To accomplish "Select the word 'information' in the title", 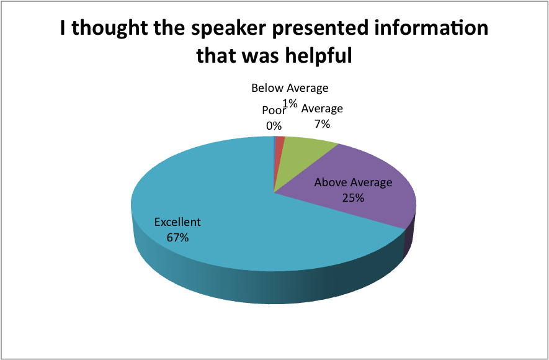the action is click(x=429, y=28).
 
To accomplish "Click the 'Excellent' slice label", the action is click(x=177, y=222).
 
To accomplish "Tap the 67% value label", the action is click(x=177, y=238).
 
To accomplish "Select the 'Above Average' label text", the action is click(x=353, y=182).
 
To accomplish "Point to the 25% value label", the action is click(x=353, y=198).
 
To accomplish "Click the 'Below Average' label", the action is click(x=290, y=88).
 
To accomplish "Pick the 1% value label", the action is click(x=290, y=104).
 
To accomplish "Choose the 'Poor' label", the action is click(x=274, y=110).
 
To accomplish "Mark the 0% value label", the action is click(x=274, y=126).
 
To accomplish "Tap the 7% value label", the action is click(x=322, y=124).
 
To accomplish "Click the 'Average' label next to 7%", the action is click(x=322, y=109).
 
